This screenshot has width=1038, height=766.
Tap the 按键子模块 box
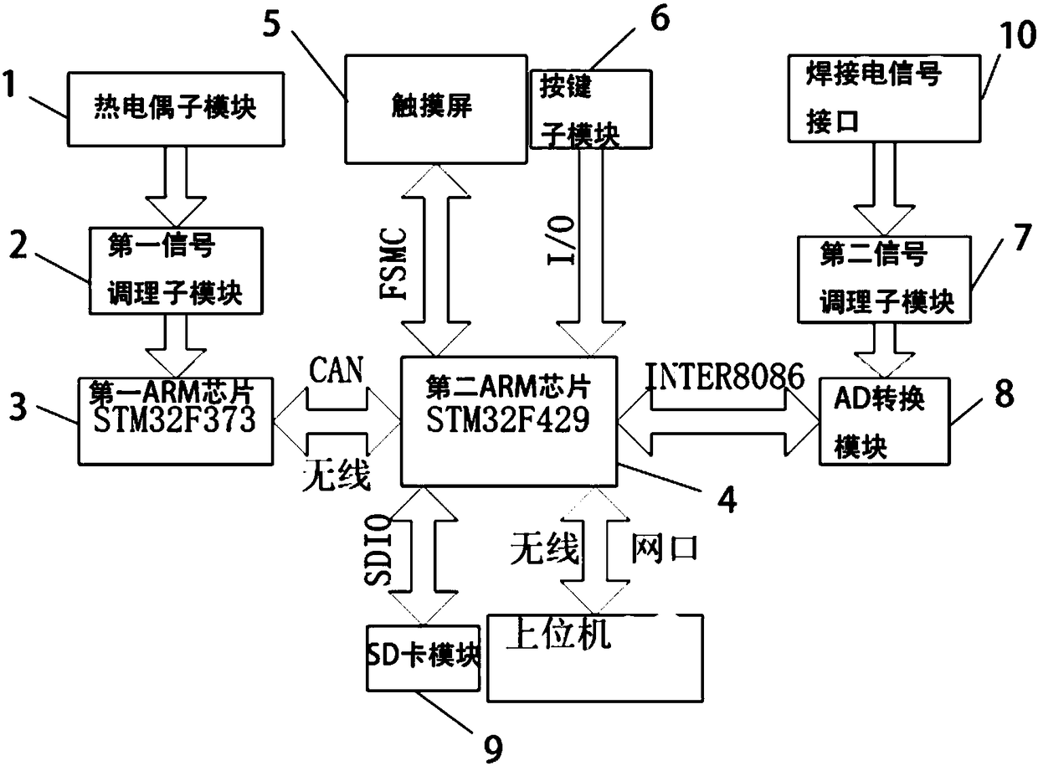pyautogui.click(x=590, y=109)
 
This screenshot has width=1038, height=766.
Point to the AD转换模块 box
pyautogui.click(x=884, y=423)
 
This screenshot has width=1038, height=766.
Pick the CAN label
pyautogui.click(x=336, y=370)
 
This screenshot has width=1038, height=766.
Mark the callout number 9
pyautogui.click(x=495, y=748)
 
